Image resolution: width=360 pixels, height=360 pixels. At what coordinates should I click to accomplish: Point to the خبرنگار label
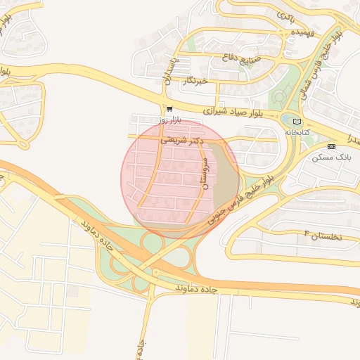coord(195,81)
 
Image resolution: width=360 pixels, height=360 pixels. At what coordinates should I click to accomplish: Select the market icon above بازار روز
coord(169,108)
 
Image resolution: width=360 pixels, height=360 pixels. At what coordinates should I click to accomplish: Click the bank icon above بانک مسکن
coord(332,146)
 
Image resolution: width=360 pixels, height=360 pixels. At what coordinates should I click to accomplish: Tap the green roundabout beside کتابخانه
coord(290,120)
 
